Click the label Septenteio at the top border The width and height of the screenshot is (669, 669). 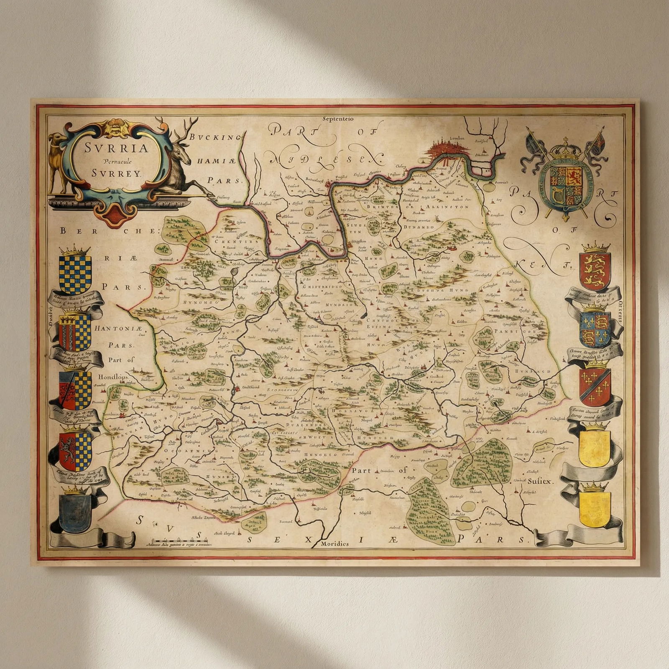point(338,119)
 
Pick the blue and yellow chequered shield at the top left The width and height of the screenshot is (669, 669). point(75,274)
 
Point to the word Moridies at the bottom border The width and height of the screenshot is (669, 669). point(334,544)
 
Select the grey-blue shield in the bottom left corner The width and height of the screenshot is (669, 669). point(75,512)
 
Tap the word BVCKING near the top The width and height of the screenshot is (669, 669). point(216,137)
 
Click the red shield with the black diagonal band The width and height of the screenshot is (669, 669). point(595,387)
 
